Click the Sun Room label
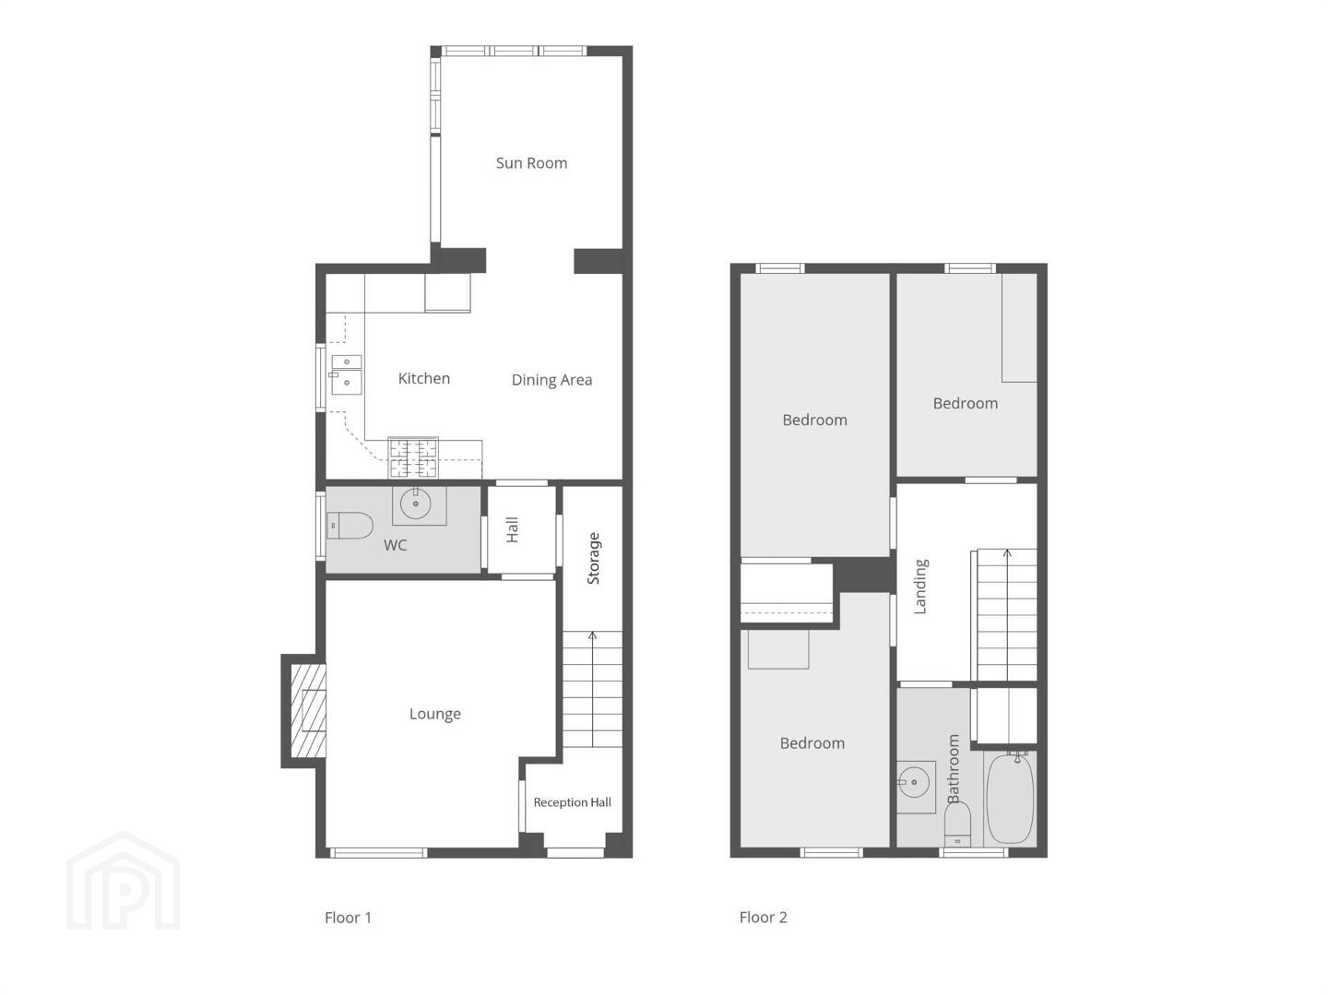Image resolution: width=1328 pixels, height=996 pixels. [x=531, y=162]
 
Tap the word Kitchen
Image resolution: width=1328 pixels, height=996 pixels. [x=423, y=378]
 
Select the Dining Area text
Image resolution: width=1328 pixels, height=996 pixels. [x=551, y=380]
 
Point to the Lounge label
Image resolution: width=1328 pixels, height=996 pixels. [x=435, y=714]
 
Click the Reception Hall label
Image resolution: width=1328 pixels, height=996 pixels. [x=572, y=802]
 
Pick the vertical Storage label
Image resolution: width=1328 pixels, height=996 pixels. [x=593, y=558]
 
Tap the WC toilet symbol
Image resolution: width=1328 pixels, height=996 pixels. [x=350, y=526]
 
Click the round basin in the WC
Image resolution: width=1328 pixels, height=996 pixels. [x=416, y=503]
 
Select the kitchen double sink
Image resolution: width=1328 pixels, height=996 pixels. [x=346, y=374]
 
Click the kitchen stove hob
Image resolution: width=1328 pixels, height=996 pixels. [x=413, y=457]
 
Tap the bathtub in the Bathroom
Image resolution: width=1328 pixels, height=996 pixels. [x=1010, y=798]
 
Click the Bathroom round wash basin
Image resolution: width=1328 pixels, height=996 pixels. [x=914, y=782]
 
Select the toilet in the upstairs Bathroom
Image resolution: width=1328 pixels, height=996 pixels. [x=957, y=824]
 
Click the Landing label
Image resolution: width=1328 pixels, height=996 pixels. [x=920, y=586]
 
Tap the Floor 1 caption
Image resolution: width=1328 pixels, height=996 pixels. [x=348, y=918]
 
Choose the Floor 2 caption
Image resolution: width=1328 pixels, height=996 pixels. [x=763, y=918]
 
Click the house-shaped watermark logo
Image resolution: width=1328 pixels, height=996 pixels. [x=123, y=880]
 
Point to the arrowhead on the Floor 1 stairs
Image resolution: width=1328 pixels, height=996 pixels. [x=592, y=635]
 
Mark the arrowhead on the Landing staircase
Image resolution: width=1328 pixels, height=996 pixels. [x=1007, y=552]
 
